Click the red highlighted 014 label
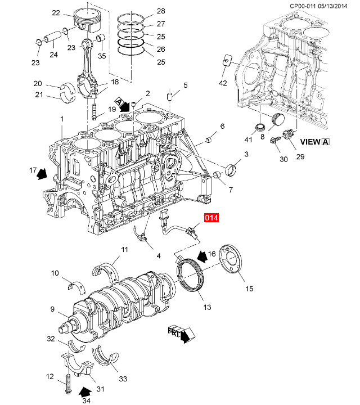click(x=211, y=218)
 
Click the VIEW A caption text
click(x=315, y=142)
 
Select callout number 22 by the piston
click(x=56, y=12)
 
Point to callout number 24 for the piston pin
click(x=53, y=55)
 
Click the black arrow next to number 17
click(x=42, y=174)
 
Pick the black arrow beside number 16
click(x=202, y=256)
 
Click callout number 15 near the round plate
click(x=249, y=289)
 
